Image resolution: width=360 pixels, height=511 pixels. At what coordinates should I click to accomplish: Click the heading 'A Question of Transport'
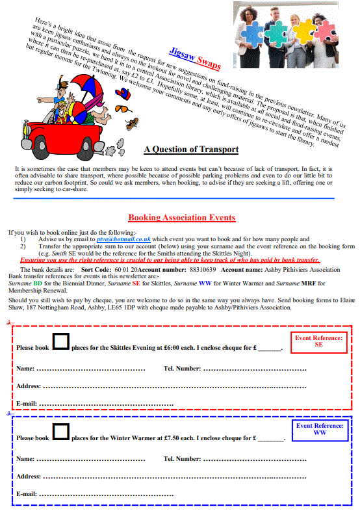191,150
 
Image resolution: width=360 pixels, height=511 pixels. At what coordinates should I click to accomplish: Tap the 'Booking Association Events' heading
181,218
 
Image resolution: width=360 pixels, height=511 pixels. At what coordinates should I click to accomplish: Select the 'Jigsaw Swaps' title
196,58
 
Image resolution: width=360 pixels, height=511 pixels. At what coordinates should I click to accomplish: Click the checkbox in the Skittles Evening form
60,343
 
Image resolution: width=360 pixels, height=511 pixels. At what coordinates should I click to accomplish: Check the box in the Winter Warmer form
60,432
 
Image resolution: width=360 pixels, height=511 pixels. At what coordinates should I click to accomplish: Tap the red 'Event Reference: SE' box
318,341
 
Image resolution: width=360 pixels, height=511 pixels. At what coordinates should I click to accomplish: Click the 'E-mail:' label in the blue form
27,494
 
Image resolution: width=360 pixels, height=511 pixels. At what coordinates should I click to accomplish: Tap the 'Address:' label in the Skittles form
29,386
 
